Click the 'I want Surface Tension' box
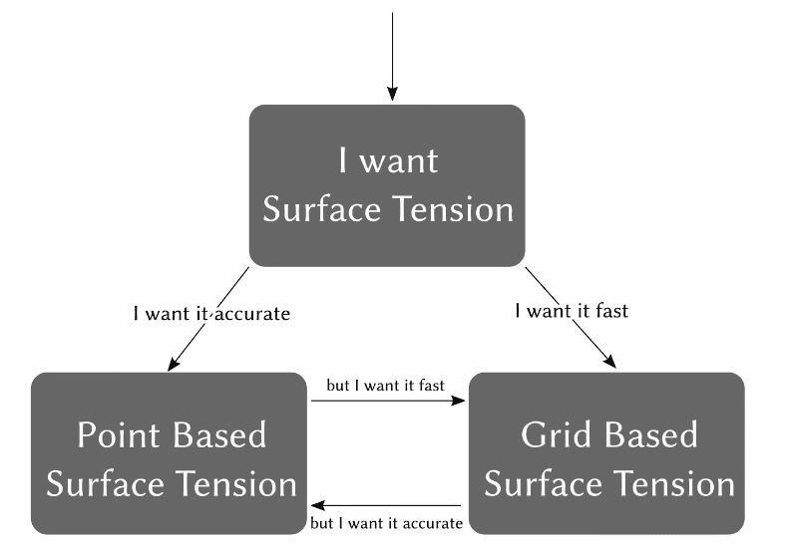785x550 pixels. point(386,185)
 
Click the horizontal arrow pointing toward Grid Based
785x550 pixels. point(389,401)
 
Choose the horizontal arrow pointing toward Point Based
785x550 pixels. point(385,505)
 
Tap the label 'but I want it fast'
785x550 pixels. point(385,384)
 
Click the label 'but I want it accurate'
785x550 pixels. point(386,523)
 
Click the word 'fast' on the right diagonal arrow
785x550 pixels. point(610,311)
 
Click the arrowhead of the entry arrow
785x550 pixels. point(393,94)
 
